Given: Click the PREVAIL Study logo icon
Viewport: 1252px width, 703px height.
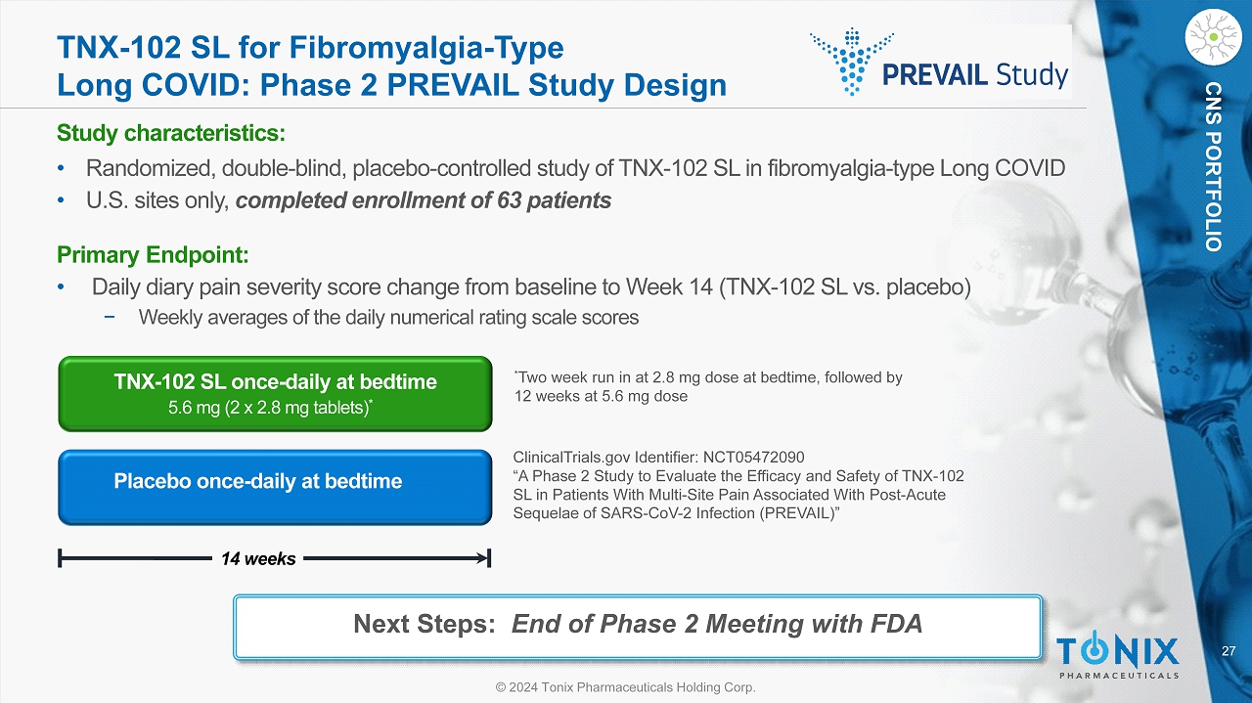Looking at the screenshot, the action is pos(851,62).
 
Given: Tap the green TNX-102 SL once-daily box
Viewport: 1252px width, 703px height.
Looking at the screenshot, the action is pos(275,394).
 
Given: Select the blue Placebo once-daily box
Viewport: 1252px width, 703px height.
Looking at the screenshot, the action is pos(275,487).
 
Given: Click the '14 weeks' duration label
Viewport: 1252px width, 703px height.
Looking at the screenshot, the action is pos(258,558).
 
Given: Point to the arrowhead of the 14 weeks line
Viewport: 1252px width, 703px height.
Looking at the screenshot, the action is pos(483,557).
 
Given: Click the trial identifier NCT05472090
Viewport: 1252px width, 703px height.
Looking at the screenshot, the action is pos(753,458).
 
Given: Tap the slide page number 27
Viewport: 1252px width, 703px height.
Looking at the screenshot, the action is pos(1229,650).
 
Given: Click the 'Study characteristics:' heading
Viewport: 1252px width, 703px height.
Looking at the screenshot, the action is pos(171,133).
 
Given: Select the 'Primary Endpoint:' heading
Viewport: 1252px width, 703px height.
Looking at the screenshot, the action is pos(153,255).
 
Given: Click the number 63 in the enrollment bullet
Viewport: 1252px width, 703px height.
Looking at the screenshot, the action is pos(510,200).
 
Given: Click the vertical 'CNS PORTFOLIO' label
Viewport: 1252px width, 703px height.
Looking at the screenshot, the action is pos(1213,167).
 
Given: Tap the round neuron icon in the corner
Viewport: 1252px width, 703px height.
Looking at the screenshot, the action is pos(1213,37).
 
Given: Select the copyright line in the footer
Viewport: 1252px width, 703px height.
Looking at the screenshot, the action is pos(625,686).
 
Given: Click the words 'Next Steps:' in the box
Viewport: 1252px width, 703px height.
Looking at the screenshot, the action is pos(425,624).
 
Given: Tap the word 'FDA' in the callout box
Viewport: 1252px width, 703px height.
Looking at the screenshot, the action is pos(896,624).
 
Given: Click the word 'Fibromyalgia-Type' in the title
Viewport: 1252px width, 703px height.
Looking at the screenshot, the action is pos(425,48).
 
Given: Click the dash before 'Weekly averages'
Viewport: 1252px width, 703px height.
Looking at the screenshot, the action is pos(110,317).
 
